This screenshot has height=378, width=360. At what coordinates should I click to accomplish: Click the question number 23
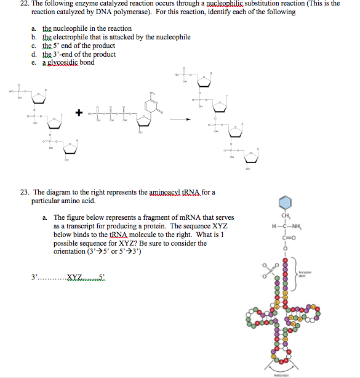point(22,192)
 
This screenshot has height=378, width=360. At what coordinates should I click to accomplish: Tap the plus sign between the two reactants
point(78,113)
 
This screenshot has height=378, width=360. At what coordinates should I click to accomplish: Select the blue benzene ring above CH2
point(285,203)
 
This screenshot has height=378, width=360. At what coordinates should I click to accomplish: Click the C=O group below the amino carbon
point(285,239)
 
